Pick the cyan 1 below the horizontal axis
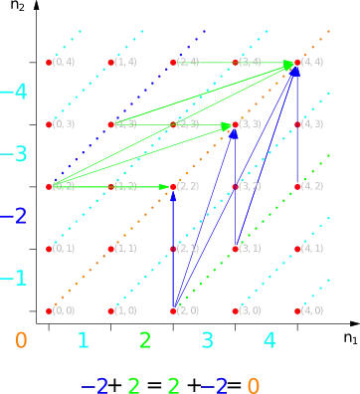pyautogui.click(x=83, y=340)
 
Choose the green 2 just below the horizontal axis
pyautogui.click(x=144, y=340)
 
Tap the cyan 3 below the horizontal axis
pyautogui.click(x=207, y=340)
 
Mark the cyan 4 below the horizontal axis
pyautogui.click(x=269, y=340)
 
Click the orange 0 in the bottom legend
pyautogui.click(x=255, y=384)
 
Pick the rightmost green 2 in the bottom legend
pyautogui.click(x=175, y=384)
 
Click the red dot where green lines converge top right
pyautogui.click(x=296, y=64)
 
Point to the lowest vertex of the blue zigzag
pyautogui.click(x=172, y=310)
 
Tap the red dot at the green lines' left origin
pyautogui.click(x=49, y=186)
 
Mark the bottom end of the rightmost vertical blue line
pyautogui.click(x=297, y=186)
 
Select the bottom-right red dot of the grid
pyautogui.click(x=297, y=310)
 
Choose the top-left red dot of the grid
pyautogui.click(x=49, y=63)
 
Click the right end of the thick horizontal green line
pyautogui.click(x=172, y=186)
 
